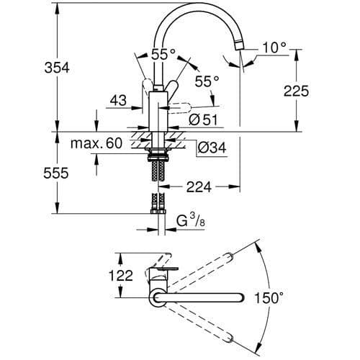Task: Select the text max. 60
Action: [x=96, y=143]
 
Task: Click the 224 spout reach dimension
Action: [x=199, y=186]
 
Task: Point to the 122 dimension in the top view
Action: [x=102, y=274]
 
